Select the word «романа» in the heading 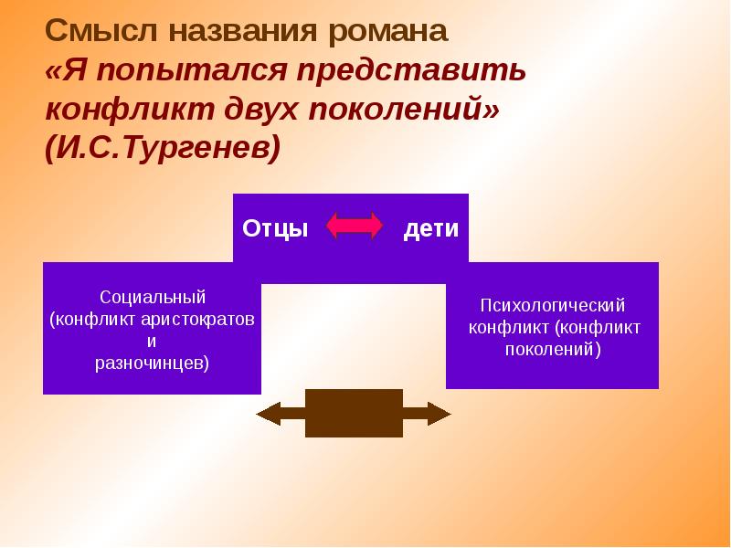pos(383,30)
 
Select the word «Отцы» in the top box pos(274,228)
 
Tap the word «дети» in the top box pos(431,228)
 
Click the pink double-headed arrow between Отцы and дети pos(355,227)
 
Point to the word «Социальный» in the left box pos(153,298)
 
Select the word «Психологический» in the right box pos(553,306)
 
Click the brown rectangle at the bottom pos(354,413)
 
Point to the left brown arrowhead pos(268,414)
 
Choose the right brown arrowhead pos(440,414)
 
